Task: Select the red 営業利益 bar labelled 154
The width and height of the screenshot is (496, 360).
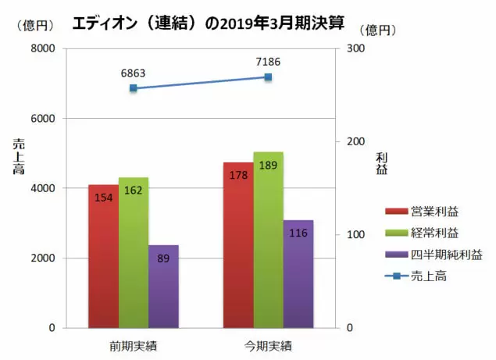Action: tap(103, 258)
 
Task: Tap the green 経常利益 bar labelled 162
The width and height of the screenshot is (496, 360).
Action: tap(134, 254)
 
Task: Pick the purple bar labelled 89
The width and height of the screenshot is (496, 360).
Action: tap(163, 289)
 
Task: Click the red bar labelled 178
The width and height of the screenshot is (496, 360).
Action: tap(238, 246)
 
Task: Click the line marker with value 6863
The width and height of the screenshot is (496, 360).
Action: tap(134, 88)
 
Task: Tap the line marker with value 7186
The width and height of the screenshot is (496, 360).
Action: tap(268, 77)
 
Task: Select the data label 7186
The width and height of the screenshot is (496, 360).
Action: tap(268, 62)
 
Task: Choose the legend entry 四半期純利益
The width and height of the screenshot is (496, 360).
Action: tap(438, 254)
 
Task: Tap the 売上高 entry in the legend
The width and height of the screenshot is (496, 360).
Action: tap(425, 276)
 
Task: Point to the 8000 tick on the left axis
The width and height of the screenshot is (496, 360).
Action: tap(41, 49)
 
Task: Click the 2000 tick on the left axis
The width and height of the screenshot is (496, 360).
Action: tap(41, 258)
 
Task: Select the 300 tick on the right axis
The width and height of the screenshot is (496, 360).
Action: tap(355, 49)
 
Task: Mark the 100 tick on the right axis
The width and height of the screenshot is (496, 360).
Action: tap(355, 235)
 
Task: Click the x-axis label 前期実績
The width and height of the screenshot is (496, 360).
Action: tap(134, 344)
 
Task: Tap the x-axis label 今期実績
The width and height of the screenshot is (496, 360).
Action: tap(268, 344)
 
